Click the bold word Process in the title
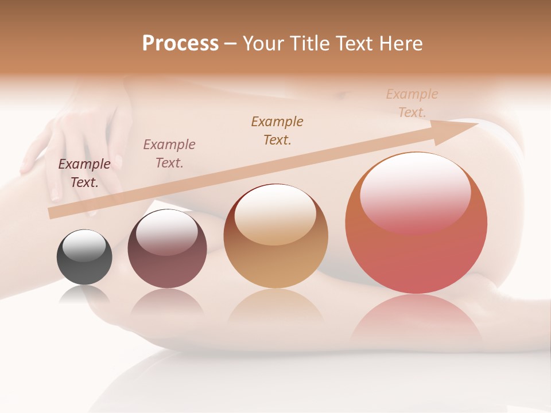tap(180, 44)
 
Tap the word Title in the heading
tap(310, 44)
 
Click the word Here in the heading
tap(401, 44)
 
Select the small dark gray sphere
tap(84, 258)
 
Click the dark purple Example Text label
tap(84, 173)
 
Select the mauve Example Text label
tap(169, 153)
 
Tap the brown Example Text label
tap(277, 130)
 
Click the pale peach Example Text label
tap(412, 103)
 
